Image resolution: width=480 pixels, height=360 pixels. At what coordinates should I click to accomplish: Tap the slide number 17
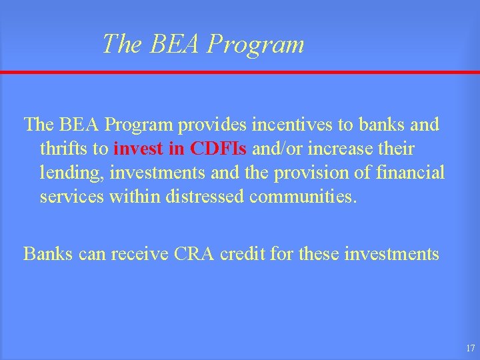coord(470,348)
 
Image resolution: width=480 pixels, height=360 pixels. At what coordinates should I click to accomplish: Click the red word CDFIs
coord(217,148)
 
